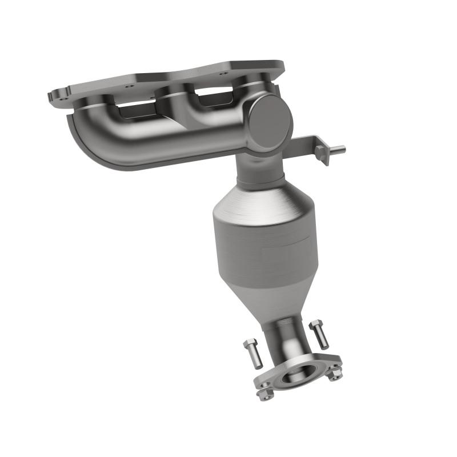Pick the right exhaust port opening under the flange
(211, 96)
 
